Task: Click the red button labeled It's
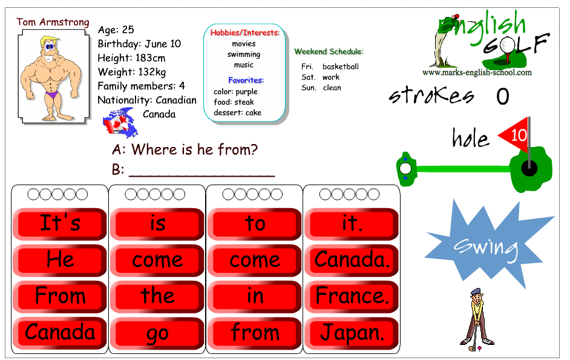(60, 224)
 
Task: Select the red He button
(60, 260)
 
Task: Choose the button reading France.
(352, 296)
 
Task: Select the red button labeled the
(157, 296)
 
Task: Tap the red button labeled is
(157, 224)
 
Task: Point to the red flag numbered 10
(516, 134)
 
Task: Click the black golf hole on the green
(529, 168)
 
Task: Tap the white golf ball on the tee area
(405, 168)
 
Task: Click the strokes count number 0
(503, 96)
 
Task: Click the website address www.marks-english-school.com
(477, 73)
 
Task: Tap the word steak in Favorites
(244, 102)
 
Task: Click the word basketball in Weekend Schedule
(341, 67)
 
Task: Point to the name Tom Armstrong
(53, 22)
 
